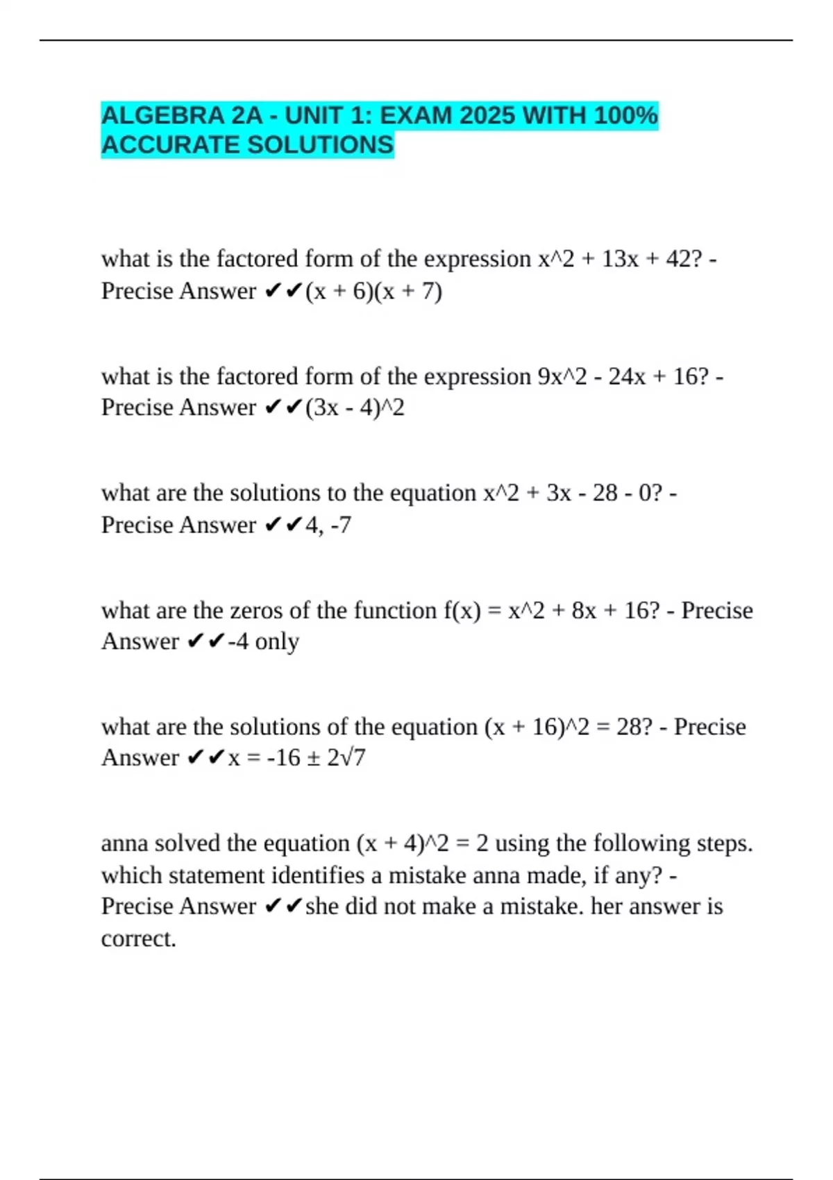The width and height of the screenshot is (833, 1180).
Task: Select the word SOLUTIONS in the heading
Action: click(x=320, y=145)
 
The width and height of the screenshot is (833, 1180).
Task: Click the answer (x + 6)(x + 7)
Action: click(x=373, y=291)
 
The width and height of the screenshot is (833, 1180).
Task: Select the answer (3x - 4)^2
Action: click(x=355, y=407)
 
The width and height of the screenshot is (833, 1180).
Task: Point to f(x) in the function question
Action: click(x=462, y=611)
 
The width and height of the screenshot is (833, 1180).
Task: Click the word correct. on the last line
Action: click(x=138, y=938)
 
